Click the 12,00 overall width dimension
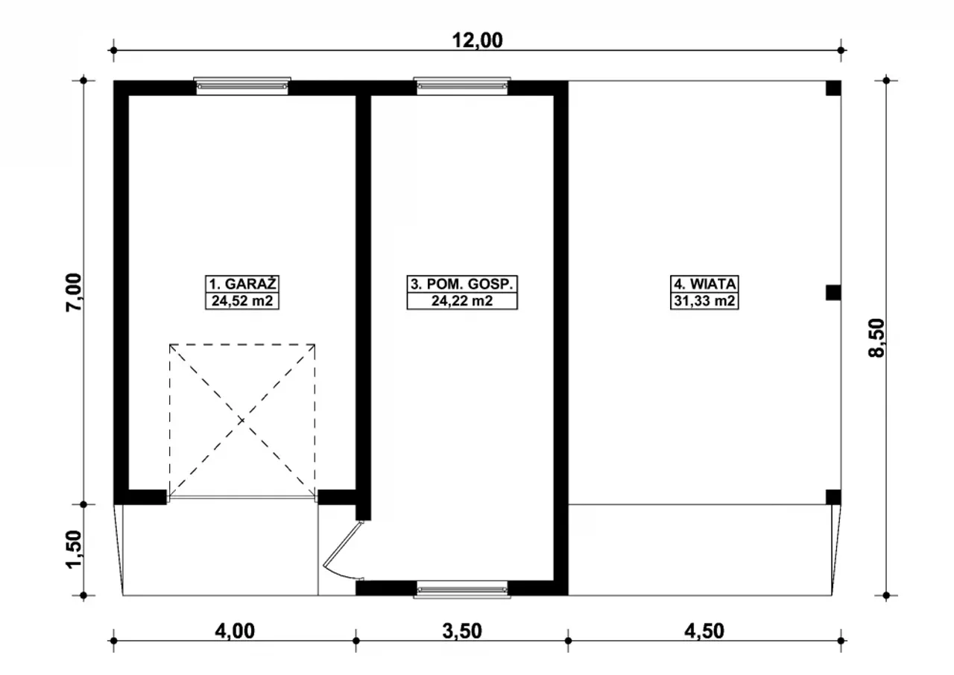point(477,40)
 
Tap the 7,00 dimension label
point(73,292)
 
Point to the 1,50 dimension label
point(73,548)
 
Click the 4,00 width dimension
point(235,631)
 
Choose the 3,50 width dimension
point(462,631)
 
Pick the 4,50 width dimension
point(704,631)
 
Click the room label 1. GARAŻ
point(242,284)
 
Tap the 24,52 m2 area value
point(242,301)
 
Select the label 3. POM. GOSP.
point(462,284)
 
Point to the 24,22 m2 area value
point(462,301)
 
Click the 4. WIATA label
point(704,284)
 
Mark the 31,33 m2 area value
point(704,301)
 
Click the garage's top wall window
point(242,86)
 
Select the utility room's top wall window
point(462,86)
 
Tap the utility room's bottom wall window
point(462,589)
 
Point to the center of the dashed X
point(242,420)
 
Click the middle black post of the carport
point(833,293)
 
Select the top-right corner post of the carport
point(833,88)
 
